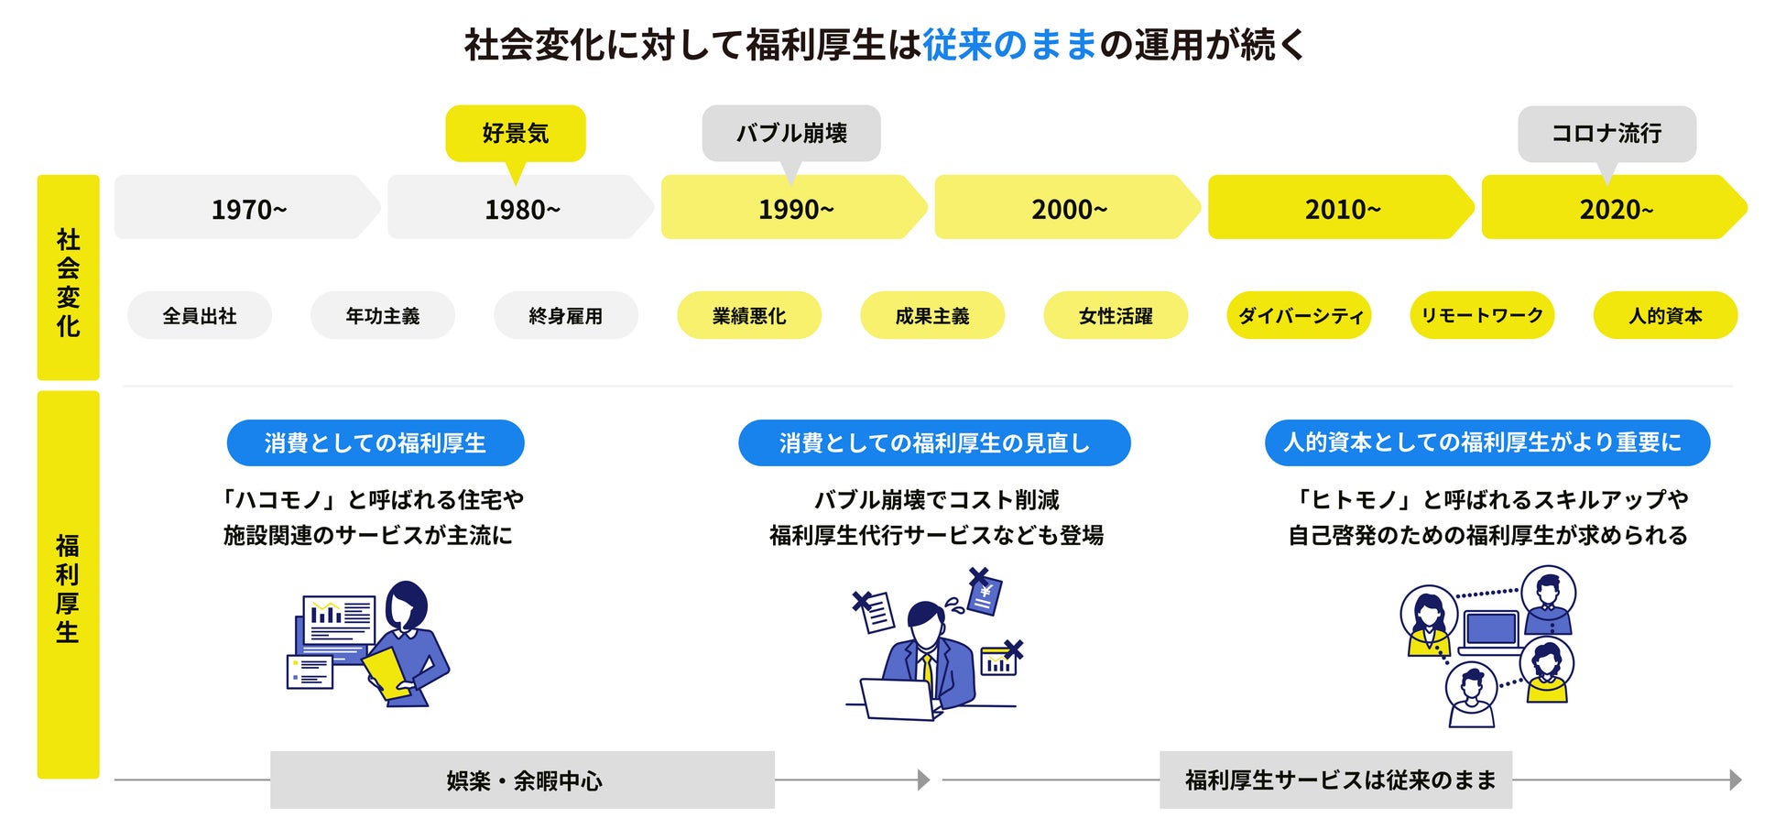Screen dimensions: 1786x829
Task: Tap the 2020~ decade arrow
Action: coord(1615,208)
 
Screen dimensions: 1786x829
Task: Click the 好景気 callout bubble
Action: coord(516,134)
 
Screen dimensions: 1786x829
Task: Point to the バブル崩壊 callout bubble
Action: coord(791,134)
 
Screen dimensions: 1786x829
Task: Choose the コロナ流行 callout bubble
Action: coord(1606,134)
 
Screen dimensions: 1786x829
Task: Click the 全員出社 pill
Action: coord(200,316)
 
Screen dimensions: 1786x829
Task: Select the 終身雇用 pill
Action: coord(566,316)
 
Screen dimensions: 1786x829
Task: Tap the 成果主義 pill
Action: coord(932,316)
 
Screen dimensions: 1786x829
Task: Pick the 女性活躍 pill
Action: coord(1116,316)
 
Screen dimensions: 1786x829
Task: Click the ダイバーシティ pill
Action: coord(1299,316)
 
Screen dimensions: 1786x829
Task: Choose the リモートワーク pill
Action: coord(1482,316)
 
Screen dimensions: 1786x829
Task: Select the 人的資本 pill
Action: coord(1665,316)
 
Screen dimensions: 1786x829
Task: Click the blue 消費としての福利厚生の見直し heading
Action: coord(934,443)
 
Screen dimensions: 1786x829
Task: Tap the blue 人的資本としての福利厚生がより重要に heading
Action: coord(1487,443)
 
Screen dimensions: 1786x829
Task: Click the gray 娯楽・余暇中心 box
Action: coord(522,780)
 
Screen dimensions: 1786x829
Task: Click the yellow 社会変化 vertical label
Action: coord(68,278)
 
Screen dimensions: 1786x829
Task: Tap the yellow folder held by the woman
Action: coord(387,674)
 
